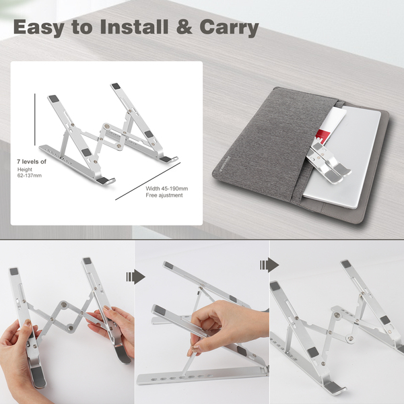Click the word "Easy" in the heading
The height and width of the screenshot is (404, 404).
coord(38,28)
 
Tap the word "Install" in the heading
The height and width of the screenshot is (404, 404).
coord(134,26)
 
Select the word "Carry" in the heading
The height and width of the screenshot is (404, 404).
coord(229,28)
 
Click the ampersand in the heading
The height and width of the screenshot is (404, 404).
coord(184,27)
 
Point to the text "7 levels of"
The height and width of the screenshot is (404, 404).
coord(32,162)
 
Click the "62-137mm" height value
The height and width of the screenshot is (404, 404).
coord(30,176)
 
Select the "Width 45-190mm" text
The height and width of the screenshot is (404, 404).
coord(167,189)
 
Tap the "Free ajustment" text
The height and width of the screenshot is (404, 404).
coord(164,195)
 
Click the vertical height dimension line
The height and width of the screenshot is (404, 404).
coord(35,120)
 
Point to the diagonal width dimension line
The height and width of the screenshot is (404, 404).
coord(148,181)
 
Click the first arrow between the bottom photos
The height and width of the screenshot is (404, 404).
coord(135,277)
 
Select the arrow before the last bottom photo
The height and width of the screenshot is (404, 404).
coord(269,265)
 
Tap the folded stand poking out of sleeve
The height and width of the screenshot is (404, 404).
coord(327,163)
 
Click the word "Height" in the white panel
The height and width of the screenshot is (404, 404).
coord(25,170)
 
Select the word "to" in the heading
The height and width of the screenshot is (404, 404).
coord(82,28)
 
